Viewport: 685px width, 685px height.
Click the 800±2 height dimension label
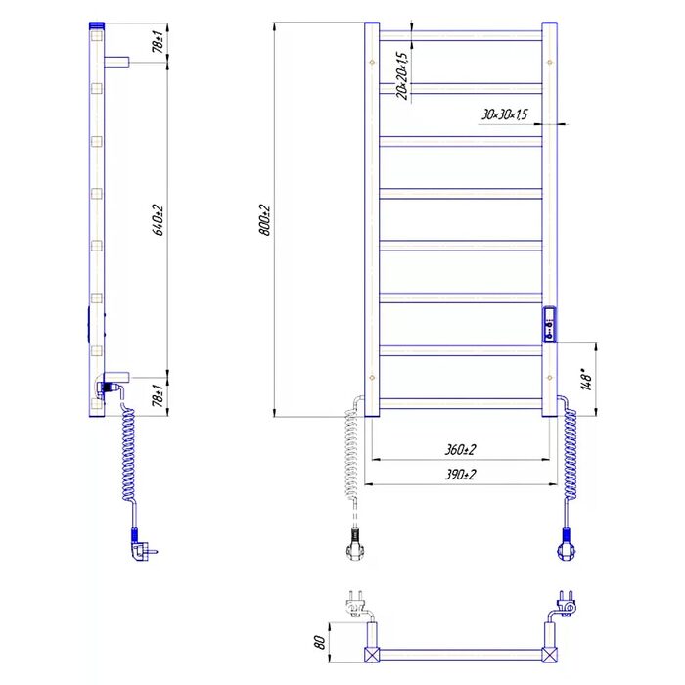(x=265, y=220)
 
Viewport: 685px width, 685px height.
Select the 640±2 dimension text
(x=158, y=220)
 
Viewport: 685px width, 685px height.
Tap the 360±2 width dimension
(x=460, y=449)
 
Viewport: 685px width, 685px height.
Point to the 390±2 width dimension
(x=460, y=474)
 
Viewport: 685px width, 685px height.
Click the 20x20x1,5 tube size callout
(x=402, y=76)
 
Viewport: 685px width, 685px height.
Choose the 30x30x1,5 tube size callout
(x=505, y=114)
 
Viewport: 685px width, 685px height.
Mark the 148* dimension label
(x=586, y=379)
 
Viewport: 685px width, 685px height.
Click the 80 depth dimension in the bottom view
(x=320, y=642)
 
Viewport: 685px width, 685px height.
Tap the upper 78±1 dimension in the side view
(x=158, y=41)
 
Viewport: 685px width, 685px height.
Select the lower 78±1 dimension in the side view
(x=158, y=395)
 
